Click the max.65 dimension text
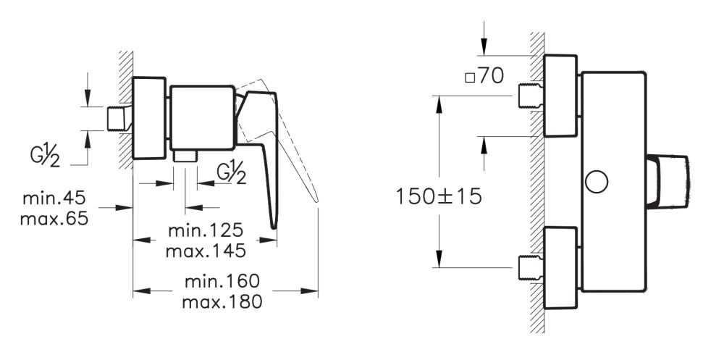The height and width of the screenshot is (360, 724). (55, 217)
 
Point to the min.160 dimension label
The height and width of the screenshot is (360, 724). (222, 281)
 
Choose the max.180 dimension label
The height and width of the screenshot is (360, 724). (222, 300)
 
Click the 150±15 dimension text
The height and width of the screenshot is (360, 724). (439, 196)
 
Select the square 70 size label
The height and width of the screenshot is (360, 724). (484, 76)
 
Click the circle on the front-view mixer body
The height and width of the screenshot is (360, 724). (598, 182)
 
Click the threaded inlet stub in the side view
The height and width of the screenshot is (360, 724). (118, 118)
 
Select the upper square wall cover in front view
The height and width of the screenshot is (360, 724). (562, 96)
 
